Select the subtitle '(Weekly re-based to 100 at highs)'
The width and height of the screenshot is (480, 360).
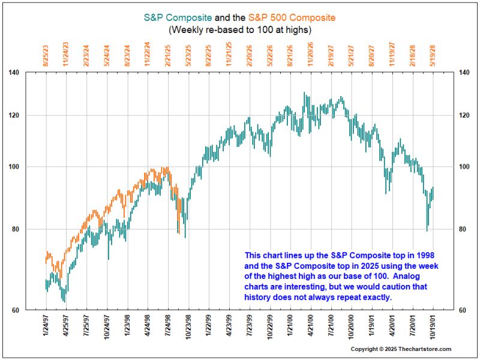pos(240,29)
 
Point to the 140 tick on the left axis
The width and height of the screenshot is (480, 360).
pos(31,73)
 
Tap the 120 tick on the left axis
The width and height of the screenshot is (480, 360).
pos(31,115)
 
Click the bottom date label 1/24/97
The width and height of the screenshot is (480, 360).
pos(46,327)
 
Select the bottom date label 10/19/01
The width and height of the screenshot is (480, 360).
pos(433,328)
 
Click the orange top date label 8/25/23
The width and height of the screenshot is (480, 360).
pos(46,54)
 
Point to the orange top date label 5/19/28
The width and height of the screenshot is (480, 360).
pos(433,54)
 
